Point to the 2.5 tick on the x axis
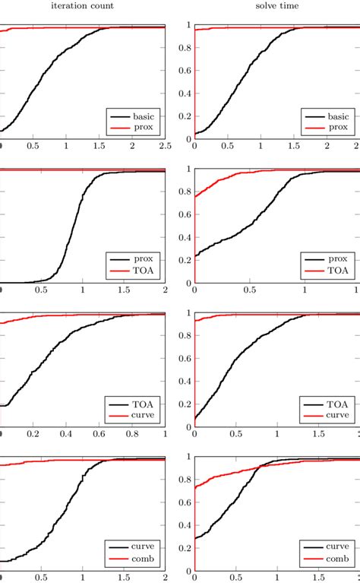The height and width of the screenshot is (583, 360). coord(164,147)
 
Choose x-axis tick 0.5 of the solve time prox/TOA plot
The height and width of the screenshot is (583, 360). coord(249,289)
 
